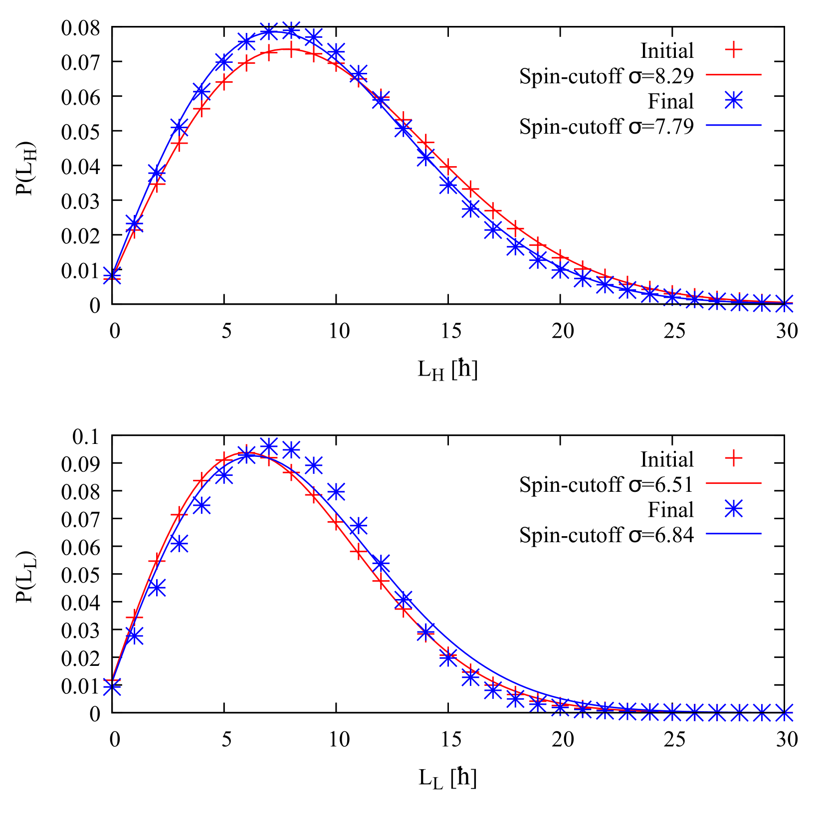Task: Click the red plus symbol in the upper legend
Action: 733,49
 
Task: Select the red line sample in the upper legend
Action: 733,75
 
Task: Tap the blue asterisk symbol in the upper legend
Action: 733,100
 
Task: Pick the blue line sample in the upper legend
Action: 733,125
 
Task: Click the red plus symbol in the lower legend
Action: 733,457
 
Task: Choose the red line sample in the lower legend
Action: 733,483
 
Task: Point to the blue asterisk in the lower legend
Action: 733,509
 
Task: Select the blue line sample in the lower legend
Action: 733,534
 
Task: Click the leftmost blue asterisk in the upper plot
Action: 112,274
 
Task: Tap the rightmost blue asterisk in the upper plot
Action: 785,303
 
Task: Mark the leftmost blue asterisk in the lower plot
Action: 112,687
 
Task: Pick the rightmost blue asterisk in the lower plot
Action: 785,712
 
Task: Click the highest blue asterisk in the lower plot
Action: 269,445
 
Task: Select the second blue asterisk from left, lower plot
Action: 135,635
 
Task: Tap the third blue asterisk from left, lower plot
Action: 157,588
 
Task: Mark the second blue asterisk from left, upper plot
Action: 135,222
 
